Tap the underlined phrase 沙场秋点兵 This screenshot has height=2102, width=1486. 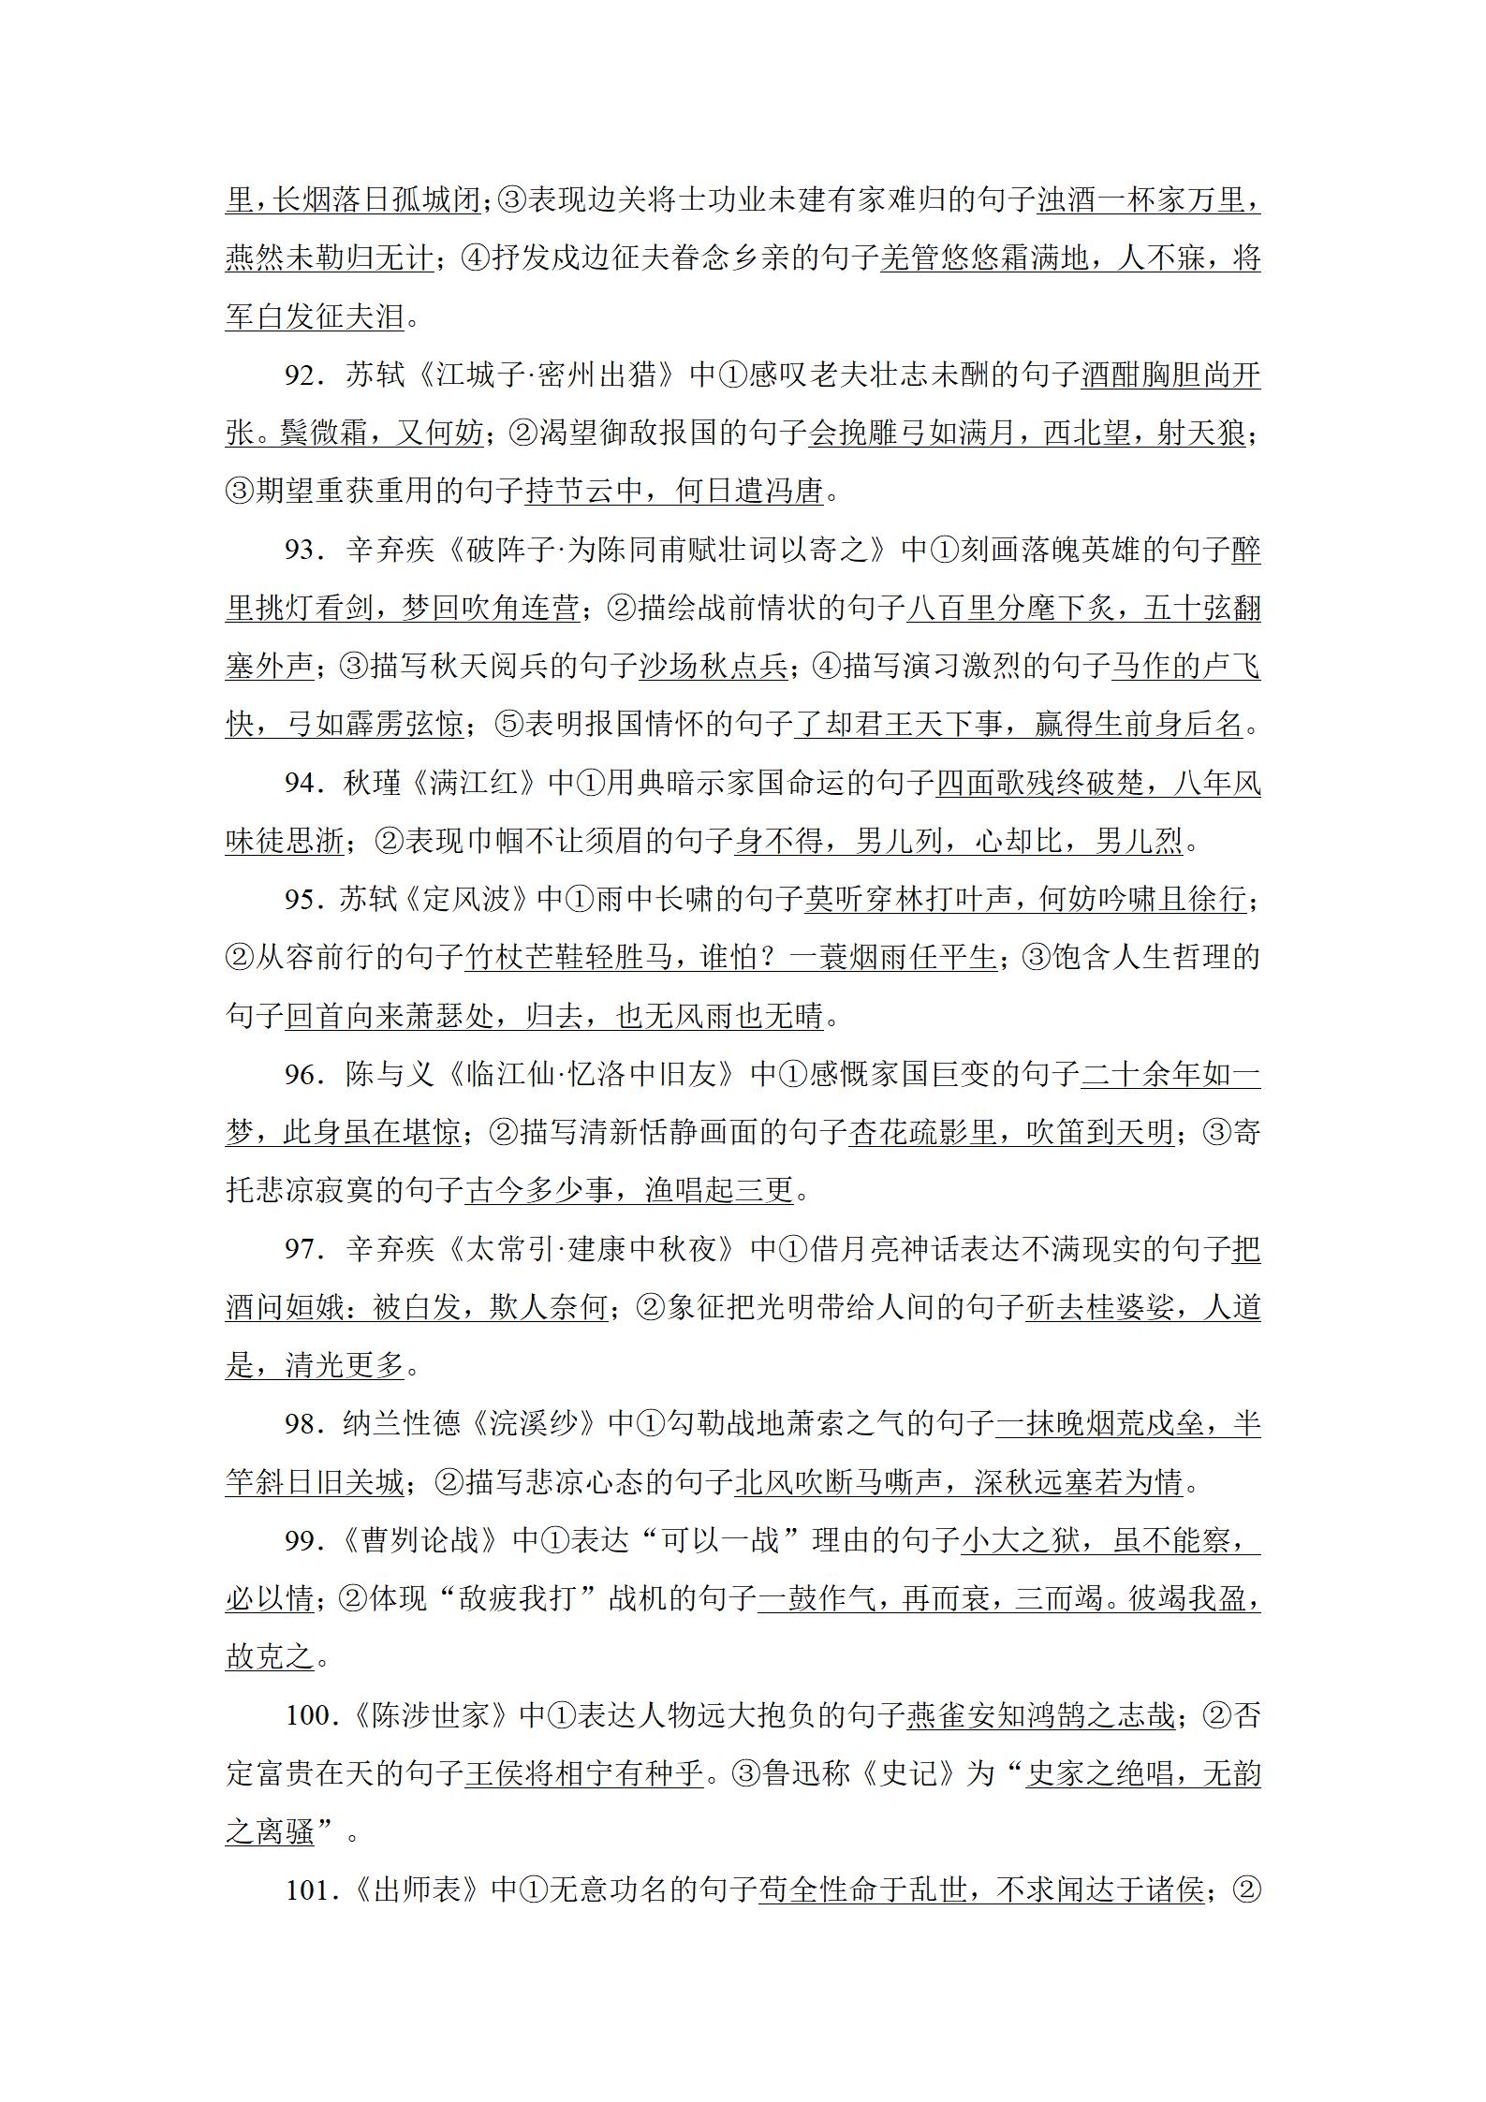click(713, 667)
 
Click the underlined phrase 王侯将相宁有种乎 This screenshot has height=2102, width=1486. click(583, 1773)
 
